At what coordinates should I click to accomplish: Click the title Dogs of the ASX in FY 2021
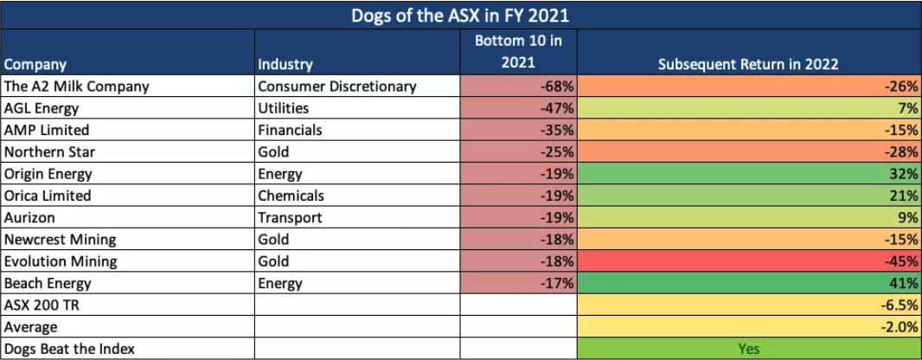click(461, 16)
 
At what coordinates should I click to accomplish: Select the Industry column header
click(285, 64)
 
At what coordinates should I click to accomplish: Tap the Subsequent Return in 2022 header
click(748, 64)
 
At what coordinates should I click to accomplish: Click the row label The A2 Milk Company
click(76, 86)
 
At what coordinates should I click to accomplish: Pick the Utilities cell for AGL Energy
click(284, 108)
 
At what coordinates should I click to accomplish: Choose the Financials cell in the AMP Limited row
click(291, 130)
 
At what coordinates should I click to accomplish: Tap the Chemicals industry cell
click(291, 196)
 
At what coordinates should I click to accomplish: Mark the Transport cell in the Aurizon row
click(290, 217)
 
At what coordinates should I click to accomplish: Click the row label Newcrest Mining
click(60, 239)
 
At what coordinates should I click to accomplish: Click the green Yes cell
click(748, 349)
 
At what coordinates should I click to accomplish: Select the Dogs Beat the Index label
click(65, 349)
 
